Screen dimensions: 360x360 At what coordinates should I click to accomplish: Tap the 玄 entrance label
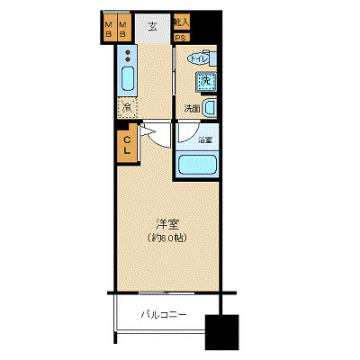(152, 26)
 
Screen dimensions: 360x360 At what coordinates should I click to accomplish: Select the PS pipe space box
(180, 38)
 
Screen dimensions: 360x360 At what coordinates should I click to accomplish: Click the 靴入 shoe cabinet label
(181, 22)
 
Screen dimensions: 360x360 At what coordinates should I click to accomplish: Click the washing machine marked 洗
(206, 81)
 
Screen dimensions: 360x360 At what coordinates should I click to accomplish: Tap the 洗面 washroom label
(192, 108)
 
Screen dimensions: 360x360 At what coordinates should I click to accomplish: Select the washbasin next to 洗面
(210, 108)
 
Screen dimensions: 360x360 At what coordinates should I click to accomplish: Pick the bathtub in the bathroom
(198, 165)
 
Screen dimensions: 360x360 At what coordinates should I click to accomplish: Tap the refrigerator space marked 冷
(129, 108)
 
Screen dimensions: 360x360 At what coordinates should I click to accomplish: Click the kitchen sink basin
(127, 83)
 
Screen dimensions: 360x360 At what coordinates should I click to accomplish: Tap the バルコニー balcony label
(164, 315)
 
